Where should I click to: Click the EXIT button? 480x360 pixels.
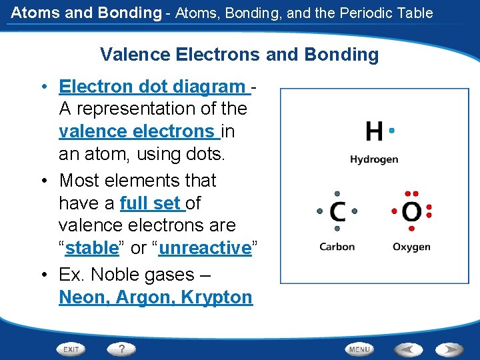coord(71,349)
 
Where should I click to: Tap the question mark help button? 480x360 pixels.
coord(121,349)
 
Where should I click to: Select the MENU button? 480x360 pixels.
coord(359,349)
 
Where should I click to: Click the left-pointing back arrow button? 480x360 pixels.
coord(409,349)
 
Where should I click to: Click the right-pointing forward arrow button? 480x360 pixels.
coord(449,349)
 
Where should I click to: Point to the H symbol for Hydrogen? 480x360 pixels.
coord(374,131)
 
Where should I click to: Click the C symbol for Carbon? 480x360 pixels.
coord(337,212)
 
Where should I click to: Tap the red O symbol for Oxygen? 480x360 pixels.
coord(411,212)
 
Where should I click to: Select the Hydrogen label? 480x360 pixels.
coord(374,159)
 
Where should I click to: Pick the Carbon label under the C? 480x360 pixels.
coord(337,247)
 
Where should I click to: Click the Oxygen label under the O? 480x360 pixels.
coord(411,247)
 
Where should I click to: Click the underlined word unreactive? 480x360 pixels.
coord(205,248)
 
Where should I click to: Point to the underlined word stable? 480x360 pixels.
coord(92,248)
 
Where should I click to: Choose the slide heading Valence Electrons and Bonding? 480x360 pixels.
coord(239,55)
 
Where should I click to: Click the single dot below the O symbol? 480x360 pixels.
coord(411,229)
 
